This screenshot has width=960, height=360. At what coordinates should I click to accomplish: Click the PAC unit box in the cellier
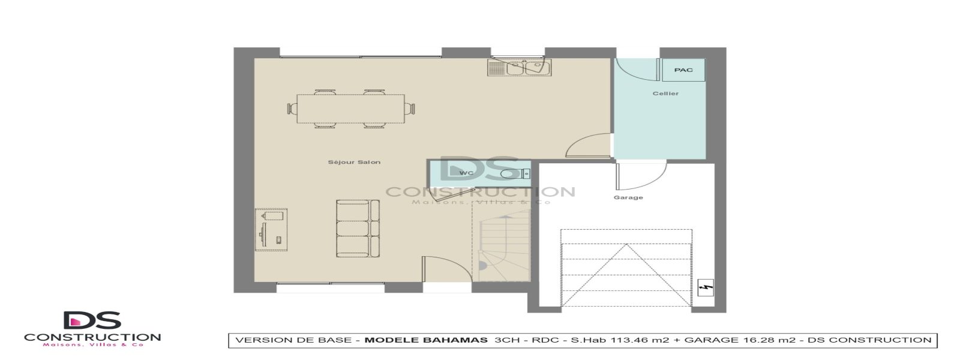(x=683, y=70)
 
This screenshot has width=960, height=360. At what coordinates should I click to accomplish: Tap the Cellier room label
(x=665, y=94)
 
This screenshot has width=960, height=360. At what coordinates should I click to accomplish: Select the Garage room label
(x=628, y=197)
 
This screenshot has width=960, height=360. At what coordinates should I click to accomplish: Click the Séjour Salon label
(x=354, y=162)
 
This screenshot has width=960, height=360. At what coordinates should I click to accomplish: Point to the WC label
(x=466, y=173)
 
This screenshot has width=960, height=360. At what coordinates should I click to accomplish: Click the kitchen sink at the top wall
(x=520, y=67)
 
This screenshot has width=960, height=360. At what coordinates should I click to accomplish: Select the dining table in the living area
(x=351, y=109)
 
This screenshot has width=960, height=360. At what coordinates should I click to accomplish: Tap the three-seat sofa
(x=358, y=228)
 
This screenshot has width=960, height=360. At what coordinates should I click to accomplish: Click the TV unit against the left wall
(x=271, y=230)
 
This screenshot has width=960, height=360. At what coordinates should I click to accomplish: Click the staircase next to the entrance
(x=502, y=246)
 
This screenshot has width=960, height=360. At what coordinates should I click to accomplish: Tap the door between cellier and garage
(x=640, y=175)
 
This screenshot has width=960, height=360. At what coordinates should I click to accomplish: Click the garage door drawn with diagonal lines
(x=626, y=267)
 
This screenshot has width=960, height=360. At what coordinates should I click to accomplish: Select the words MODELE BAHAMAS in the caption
(x=426, y=340)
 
